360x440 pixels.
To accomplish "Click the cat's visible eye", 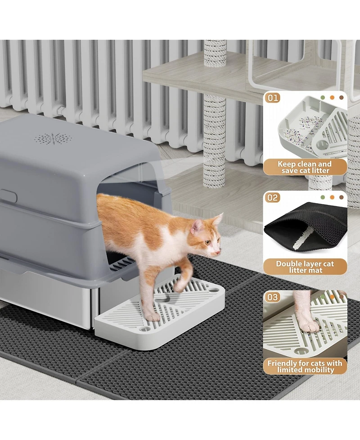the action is point(207,242).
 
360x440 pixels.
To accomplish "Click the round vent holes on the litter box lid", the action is point(54,138).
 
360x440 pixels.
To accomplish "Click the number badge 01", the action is point(273,98).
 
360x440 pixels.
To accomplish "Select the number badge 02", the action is point(272,198).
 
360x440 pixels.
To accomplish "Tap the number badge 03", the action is point(272,297).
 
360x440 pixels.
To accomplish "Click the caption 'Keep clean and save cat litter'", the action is point(305,167).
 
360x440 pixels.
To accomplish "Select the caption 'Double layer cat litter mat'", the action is point(305,267).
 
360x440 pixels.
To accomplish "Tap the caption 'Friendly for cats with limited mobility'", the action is point(305,366).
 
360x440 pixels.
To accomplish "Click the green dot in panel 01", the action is point(323,98).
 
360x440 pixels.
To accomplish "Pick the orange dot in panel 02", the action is point(332,197).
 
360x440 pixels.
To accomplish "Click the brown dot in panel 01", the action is point(341,98).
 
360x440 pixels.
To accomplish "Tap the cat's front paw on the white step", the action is point(153,317).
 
